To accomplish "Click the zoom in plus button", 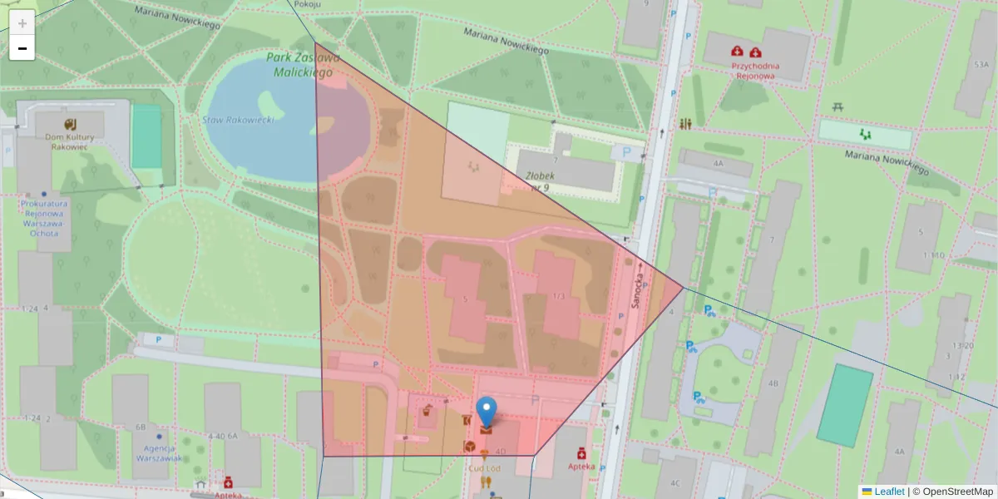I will click(x=22, y=23).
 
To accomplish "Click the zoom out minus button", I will click(x=22, y=48).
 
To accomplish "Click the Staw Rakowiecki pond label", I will click(x=239, y=121).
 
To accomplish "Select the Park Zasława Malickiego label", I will click(x=303, y=65).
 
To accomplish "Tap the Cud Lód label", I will click(x=483, y=468).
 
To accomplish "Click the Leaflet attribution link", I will click(x=889, y=492).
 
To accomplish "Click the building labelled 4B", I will click(x=774, y=383).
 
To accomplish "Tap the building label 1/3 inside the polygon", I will click(x=558, y=296).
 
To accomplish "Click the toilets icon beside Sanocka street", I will click(x=685, y=124).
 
